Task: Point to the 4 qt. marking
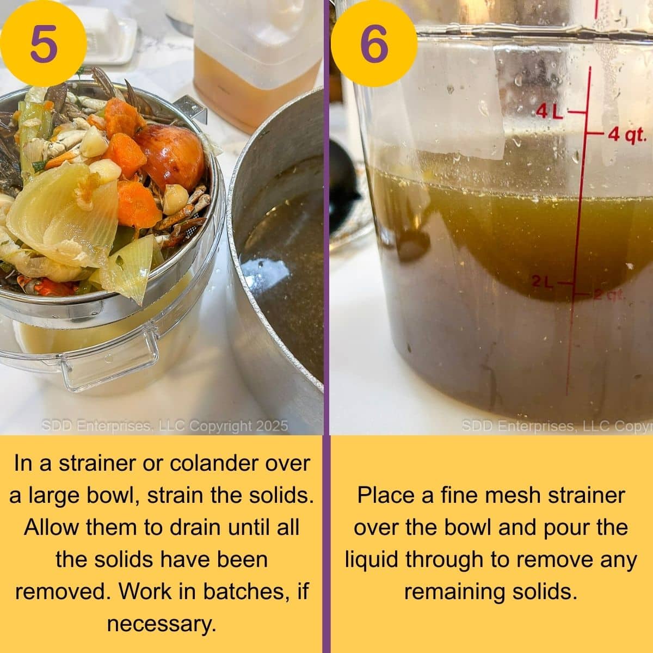click(626, 133)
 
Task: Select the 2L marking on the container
click(543, 282)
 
